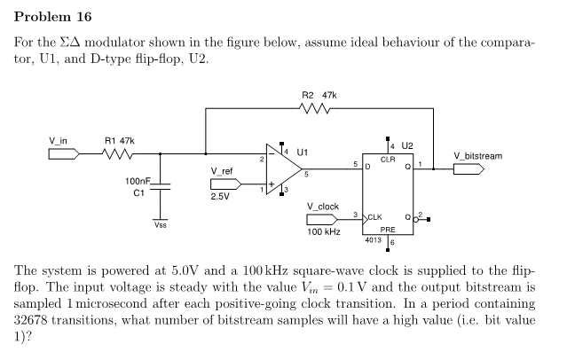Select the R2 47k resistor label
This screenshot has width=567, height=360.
(x=319, y=95)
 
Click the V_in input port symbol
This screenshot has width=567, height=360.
(x=63, y=153)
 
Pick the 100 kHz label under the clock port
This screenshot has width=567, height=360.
(x=323, y=231)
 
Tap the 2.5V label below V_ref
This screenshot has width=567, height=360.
(x=220, y=197)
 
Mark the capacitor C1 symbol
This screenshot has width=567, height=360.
(x=160, y=186)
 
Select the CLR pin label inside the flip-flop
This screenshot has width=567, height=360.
(x=388, y=160)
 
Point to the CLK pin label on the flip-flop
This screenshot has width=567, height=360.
(x=374, y=217)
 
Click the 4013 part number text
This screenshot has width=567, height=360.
(x=373, y=239)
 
